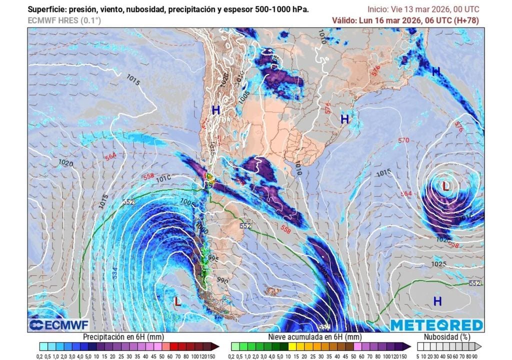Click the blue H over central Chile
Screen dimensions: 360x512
(x=215, y=110)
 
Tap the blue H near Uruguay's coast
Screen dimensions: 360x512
(x=344, y=119)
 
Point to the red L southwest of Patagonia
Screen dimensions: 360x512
(x=177, y=301)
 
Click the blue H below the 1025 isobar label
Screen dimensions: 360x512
(x=437, y=300)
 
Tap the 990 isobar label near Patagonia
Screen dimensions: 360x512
(x=223, y=281)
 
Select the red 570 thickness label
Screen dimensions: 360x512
(x=403, y=140)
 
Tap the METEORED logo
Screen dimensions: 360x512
(x=436, y=325)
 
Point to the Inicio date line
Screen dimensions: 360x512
(x=423, y=9)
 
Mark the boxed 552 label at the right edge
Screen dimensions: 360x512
(x=475, y=283)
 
